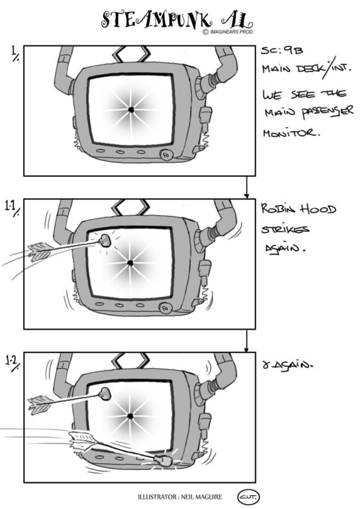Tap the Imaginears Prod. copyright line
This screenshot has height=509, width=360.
click(x=228, y=32)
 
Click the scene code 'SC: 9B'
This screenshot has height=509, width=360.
click(x=282, y=50)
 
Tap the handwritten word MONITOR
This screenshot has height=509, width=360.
click(x=291, y=132)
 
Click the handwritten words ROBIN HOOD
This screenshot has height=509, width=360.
click(x=299, y=209)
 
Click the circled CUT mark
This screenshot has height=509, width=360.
click(x=249, y=497)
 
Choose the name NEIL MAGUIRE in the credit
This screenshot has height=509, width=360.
click(x=202, y=497)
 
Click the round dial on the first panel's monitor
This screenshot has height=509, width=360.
click(x=166, y=155)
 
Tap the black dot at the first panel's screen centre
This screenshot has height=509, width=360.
click(x=131, y=110)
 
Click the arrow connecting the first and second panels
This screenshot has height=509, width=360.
click(x=247, y=187)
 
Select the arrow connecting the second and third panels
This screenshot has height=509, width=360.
click(x=247, y=341)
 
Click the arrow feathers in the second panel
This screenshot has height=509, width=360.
click(x=40, y=252)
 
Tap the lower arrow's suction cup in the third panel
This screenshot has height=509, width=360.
click(x=162, y=460)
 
